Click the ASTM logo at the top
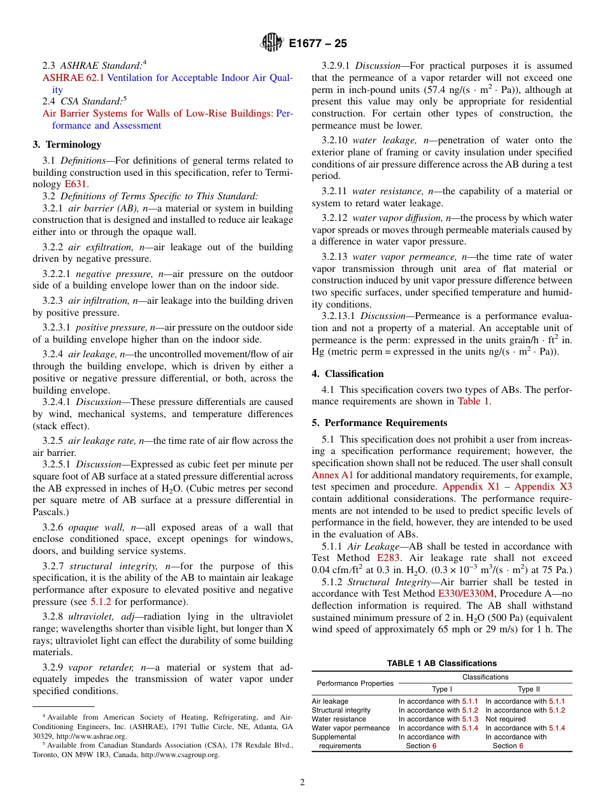(x=272, y=43)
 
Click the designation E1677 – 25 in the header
(x=318, y=44)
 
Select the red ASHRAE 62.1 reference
(x=73, y=78)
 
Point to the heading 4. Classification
(x=348, y=374)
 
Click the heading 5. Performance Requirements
(x=380, y=423)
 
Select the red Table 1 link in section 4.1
(x=474, y=401)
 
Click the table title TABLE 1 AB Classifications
(x=442, y=664)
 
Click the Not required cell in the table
(x=506, y=719)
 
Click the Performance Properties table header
(x=355, y=683)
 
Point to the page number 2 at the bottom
(x=302, y=783)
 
